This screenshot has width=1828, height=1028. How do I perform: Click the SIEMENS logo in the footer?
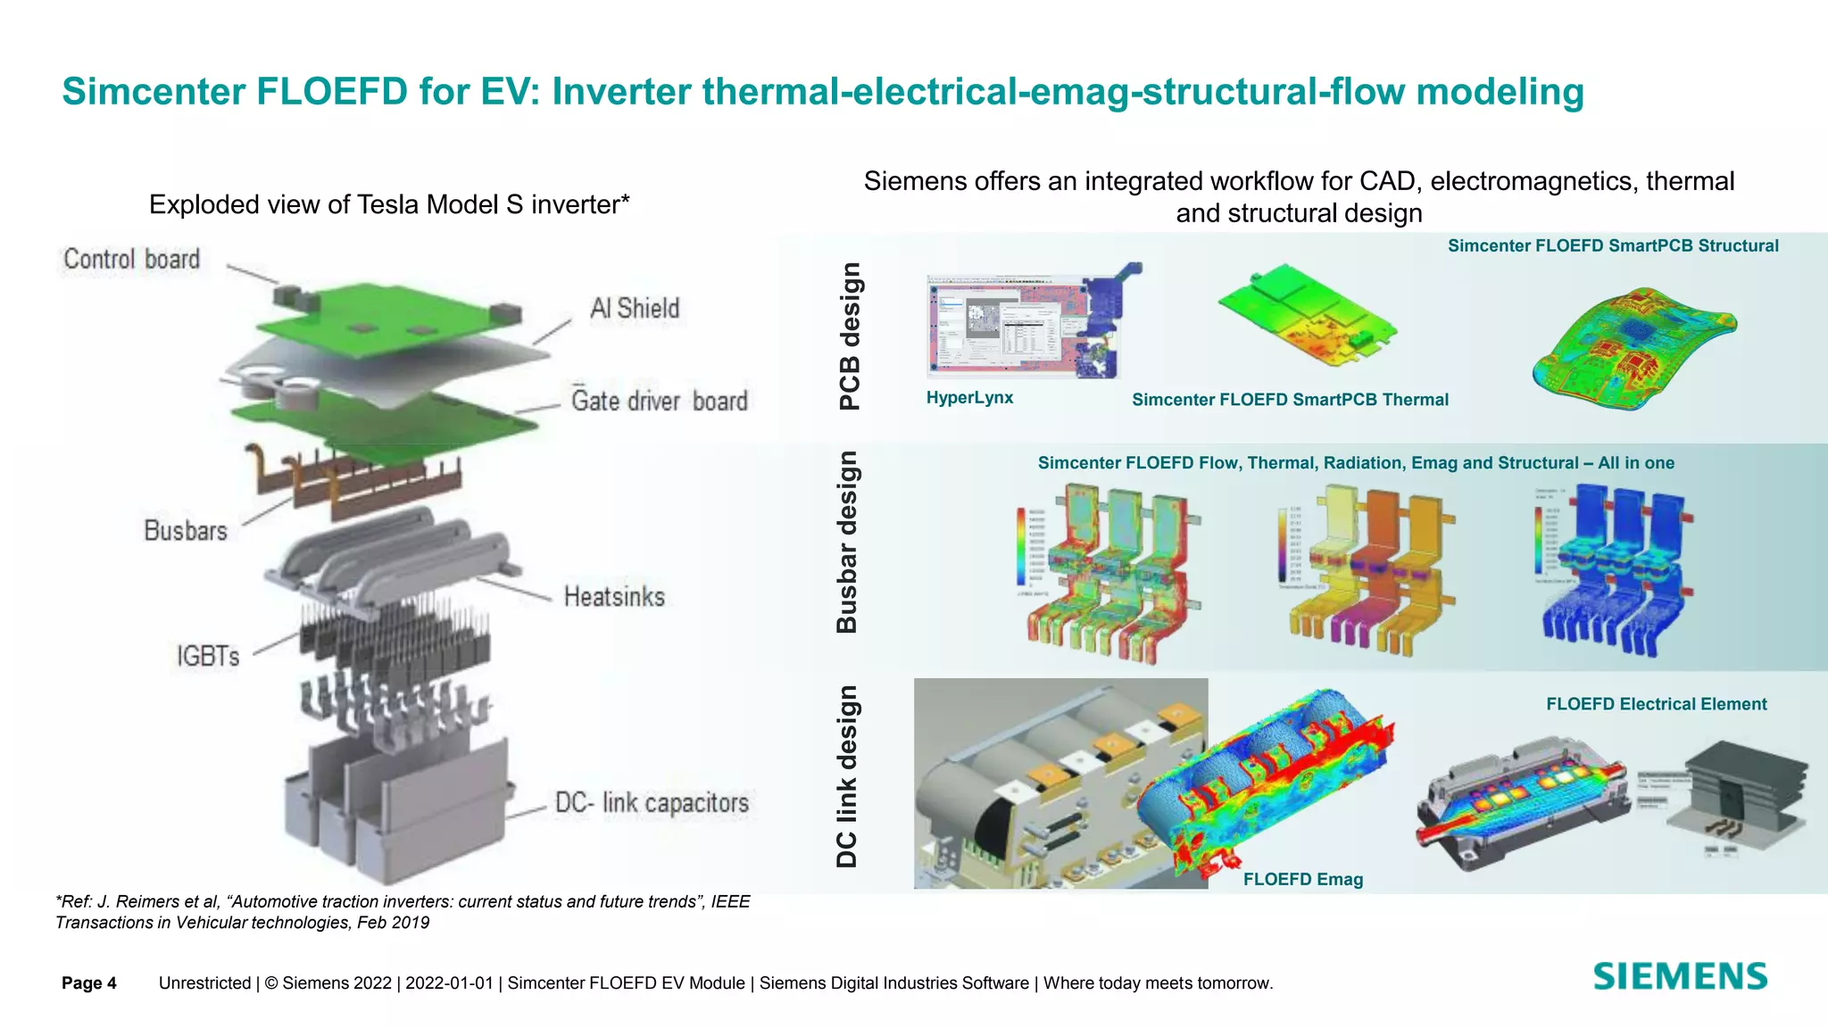click(x=1679, y=977)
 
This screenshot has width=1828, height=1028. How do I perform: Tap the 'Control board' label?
click(x=131, y=260)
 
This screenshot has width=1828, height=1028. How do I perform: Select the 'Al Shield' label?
click(x=635, y=309)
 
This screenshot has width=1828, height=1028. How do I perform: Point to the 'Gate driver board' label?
click(x=659, y=401)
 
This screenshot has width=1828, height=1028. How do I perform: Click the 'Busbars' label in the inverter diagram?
click(x=186, y=531)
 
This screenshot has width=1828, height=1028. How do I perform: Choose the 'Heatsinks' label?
click(x=614, y=596)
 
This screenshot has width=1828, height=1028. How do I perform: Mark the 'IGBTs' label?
click(x=208, y=657)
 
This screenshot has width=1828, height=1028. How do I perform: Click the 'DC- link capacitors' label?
click(x=652, y=803)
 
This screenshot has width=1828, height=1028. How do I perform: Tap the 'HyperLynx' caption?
click(x=969, y=398)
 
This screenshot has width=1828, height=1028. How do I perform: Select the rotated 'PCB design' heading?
click(x=850, y=336)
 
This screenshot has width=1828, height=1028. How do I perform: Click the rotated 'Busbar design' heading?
click(x=846, y=543)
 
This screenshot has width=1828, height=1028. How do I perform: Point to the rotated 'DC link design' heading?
click(x=846, y=777)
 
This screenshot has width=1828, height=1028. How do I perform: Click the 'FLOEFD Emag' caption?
click(x=1302, y=880)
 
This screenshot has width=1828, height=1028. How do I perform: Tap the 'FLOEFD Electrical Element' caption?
click(x=1656, y=704)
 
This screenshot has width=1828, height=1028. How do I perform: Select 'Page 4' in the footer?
click(x=89, y=983)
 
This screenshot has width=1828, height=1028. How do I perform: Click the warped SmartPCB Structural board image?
click(x=1633, y=348)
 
